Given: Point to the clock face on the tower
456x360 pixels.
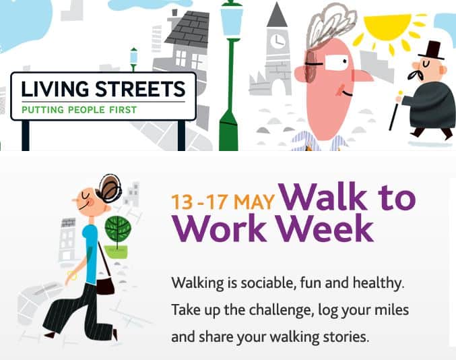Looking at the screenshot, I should point(277,41).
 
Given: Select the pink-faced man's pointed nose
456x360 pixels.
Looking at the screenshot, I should point(364,75).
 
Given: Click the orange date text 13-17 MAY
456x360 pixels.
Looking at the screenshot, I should point(223,202).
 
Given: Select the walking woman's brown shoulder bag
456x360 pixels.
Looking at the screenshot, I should point(105,283).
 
